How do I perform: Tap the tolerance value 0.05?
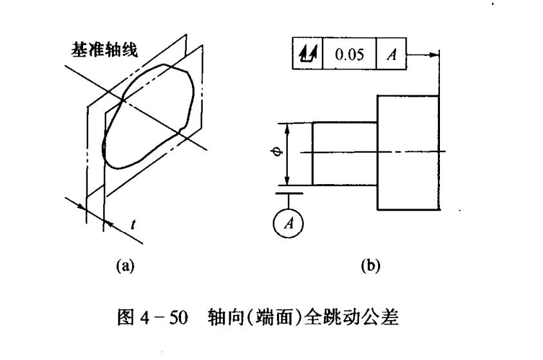349,54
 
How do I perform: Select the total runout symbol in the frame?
307,54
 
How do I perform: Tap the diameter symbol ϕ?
274,153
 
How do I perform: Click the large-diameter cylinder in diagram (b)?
408,152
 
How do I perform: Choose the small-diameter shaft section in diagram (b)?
345,153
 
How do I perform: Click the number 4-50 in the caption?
168,317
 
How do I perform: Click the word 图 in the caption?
127,317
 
